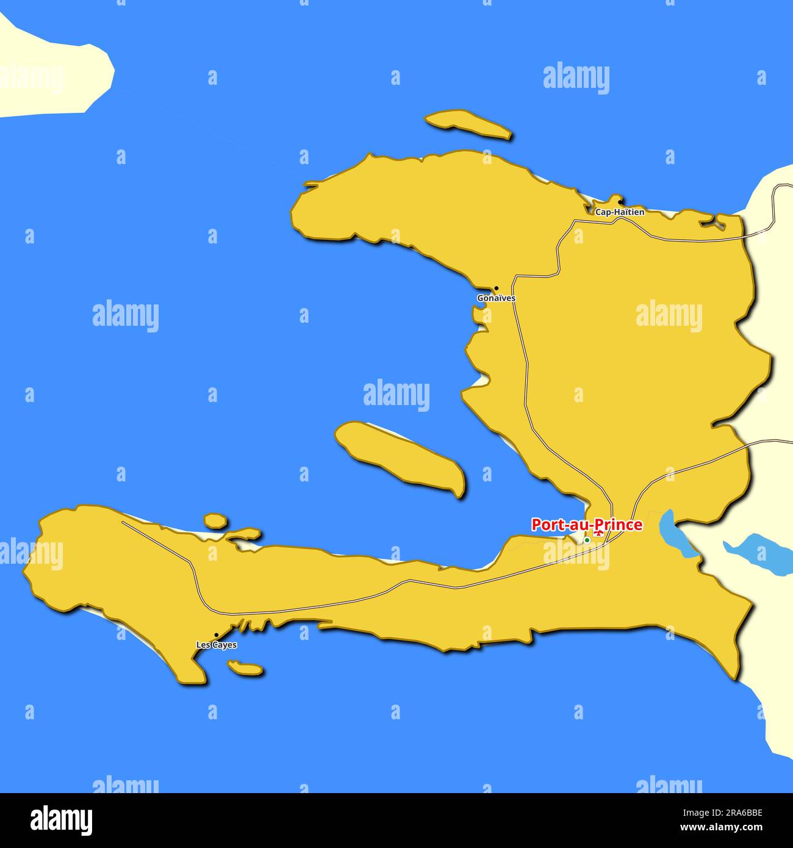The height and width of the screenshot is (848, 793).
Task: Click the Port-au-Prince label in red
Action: pos(586,525)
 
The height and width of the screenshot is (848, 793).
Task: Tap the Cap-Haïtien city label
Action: pos(619,212)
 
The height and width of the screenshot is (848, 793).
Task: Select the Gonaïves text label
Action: pos(496,298)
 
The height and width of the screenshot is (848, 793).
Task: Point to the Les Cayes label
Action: pos(217,645)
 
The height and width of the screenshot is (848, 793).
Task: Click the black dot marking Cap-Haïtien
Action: pos(620,202)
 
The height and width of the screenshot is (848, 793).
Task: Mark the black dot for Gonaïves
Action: pos(496,288)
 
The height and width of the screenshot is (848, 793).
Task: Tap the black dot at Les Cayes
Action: pos(216,635)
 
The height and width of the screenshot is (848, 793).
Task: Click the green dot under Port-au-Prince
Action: pos(587,540)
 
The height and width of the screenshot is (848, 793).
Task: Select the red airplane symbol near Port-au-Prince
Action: pos(599,534)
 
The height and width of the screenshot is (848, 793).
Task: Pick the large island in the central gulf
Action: pos(400,456)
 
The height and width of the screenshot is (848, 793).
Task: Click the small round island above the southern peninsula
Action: pos(215,520)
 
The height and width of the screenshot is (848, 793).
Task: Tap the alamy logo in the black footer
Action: pos(61,821)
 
